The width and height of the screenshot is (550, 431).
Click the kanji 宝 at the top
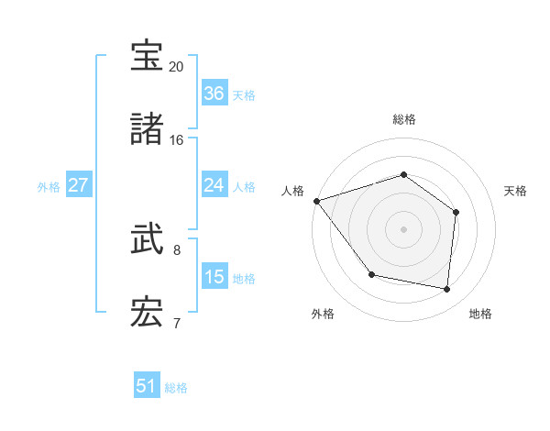pyautogui.click(x=148, y=57)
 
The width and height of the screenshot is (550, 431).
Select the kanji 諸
pyautogui.click(x=148, y=129)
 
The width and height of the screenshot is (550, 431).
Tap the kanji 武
pyautogui.click(x=148, y=241)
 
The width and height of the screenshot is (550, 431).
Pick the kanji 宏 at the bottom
pyautogui.click(x=148, y=313)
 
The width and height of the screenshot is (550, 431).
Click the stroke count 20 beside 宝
pyautogui.click(x=176, y=67)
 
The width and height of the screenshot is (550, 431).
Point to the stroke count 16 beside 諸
pyautogui.click(x=176, y=140)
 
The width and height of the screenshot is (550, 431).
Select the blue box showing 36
pyautogui.click(x=214, y=93)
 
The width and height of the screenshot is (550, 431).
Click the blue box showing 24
pyautogui.click(x=214, y=185)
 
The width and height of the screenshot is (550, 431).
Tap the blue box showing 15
pyautogui.click(x=214, y=276)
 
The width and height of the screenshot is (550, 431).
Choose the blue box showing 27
pyautogui.click(x=78, y=185)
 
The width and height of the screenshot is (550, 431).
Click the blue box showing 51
pyautogui.click(x=147, y=386)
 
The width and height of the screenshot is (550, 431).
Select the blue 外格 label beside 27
pyautogui.click(x=49, y=187)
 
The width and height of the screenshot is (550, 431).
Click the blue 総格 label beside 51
pyautogui.click(x=176, y=388)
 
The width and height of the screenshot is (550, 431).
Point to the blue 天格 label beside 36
pyautogui.click(x=243, y=94)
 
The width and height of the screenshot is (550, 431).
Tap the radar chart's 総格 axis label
pyautogui.click(x=403, y=119)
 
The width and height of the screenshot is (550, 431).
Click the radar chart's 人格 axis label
pyautogui.click(x=292, y=191)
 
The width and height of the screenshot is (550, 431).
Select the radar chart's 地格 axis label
pyautogui.click(x=480, y=315)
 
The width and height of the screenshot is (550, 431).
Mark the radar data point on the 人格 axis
pyautogui.click(x=316, y=201)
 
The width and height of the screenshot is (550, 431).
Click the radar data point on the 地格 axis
pyautogui.click(x=446, y=289)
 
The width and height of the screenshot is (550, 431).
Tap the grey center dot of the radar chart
pyautogui.click(x=403, y=229)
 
